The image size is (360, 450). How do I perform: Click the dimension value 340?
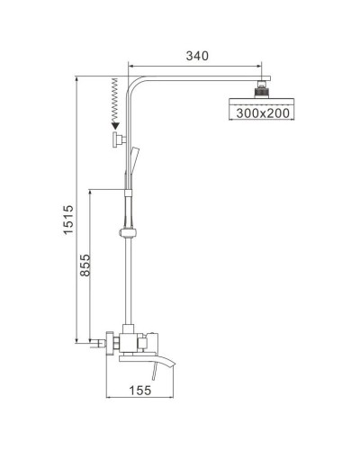197,56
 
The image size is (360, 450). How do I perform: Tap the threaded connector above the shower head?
262,90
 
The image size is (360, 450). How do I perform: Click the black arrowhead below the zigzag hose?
115,128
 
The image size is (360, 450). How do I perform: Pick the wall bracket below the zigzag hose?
116,140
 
